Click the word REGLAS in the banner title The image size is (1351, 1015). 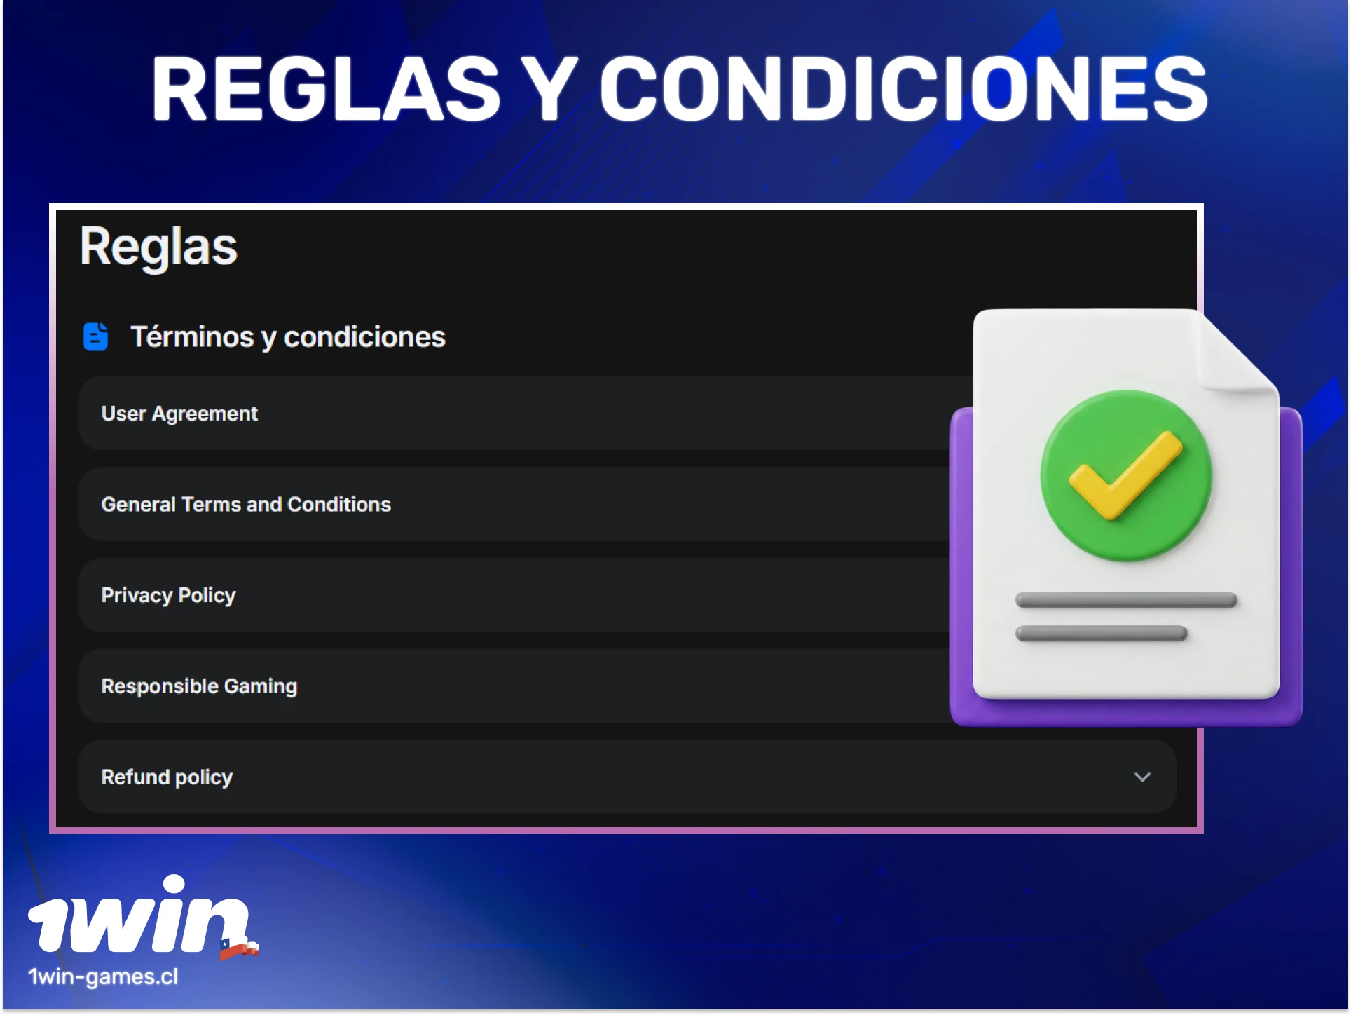pyautogui.click(x=326, y=89)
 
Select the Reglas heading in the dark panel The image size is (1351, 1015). pyautogui.click(x=159, y=247)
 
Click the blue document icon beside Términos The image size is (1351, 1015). pyautogui.click(x=96, y=336)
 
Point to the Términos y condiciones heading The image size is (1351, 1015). pyautogui.click(x=287, y=337)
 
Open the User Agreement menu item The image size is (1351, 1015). pyautogui.click(x=179, y=414)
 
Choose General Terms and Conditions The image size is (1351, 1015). pyautogui.click(x=246, y=505)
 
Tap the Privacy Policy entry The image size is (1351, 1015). pyautogui.click(x=168, y=595)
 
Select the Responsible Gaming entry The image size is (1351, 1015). pyautogui.click(x=199, y=686)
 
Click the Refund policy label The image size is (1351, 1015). pyautogui.click(x=167, y=777)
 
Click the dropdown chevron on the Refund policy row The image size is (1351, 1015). pyautogui.click(x=1142, y=777)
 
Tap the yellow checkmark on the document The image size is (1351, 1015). pyautogui.click(x=1125, y=476)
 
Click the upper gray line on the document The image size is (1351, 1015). pyautogui.click(x=1126, y=600)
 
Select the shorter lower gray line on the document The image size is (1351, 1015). pyautogui.click(x=1101, y=634)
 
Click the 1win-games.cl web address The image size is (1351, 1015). pyautogui.click(x=103, y=976)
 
